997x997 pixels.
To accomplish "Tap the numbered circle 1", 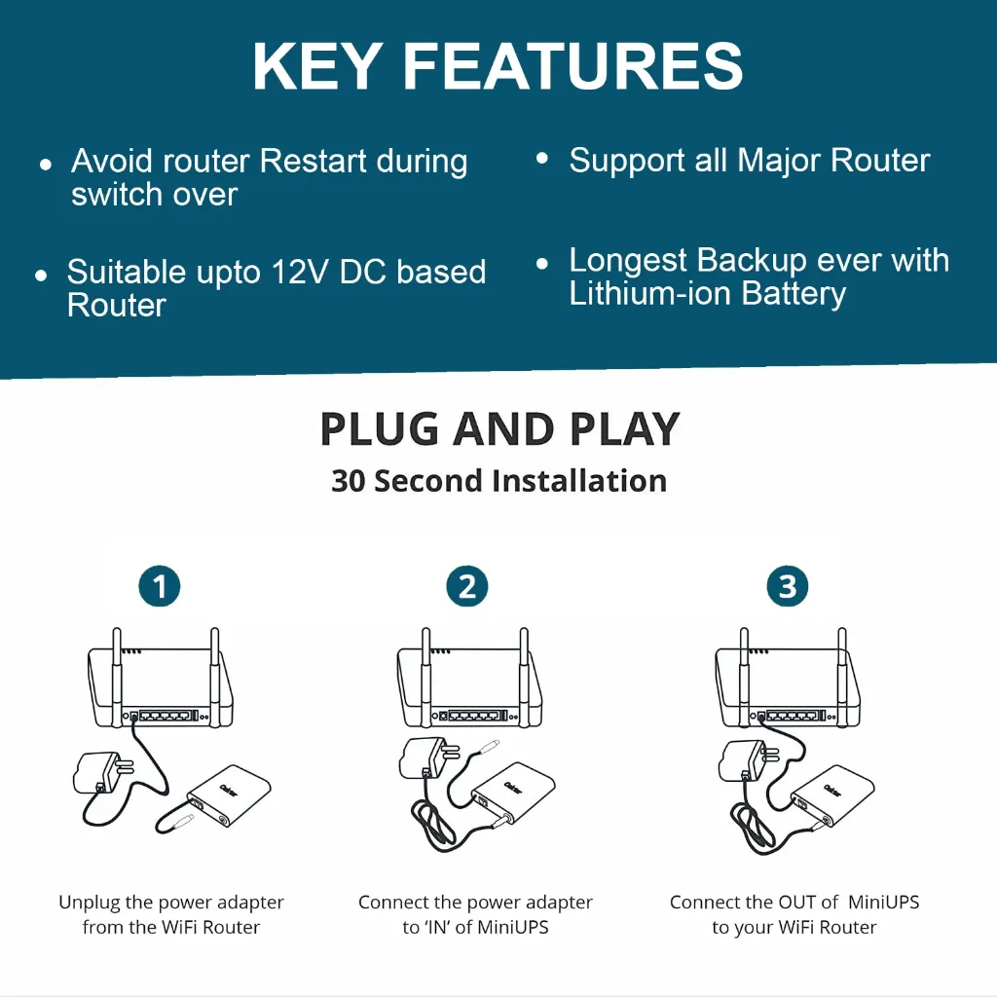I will tap(160, 586).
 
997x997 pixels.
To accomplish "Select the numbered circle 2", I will tap(467, 586).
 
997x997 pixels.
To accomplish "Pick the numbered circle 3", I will tap(787, 586).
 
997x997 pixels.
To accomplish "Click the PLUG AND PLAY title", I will tap(499, 429).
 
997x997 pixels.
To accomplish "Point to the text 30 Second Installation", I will tap(498, 481).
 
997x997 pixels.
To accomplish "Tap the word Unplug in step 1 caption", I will tap(90, 903).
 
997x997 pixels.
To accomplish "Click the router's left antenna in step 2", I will tap(425, 672).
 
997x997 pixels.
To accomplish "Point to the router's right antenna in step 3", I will tap(841, 672).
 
